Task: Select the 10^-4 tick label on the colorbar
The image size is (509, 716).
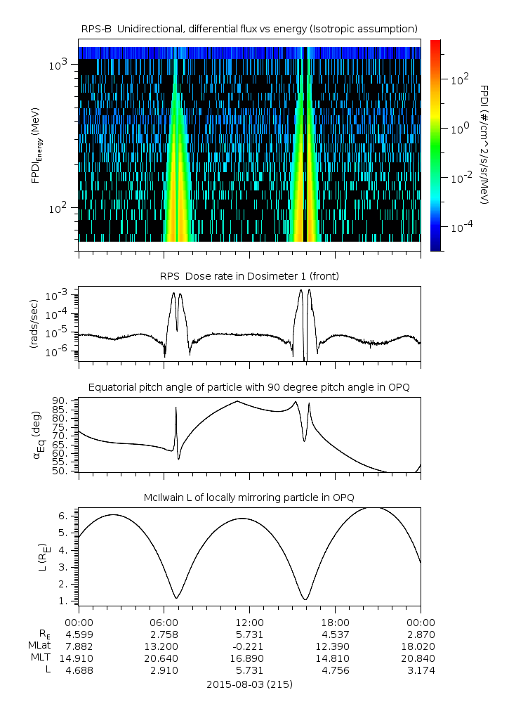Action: pos(460,228)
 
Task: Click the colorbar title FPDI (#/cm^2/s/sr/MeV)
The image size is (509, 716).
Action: pos(484,144)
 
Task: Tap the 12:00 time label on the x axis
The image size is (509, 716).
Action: pos(249,622)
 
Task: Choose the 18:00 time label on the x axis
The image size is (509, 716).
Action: pos(335,622)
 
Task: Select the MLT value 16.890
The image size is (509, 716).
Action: pos(249,658)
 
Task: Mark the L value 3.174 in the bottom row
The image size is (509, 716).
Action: pos(421,670)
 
